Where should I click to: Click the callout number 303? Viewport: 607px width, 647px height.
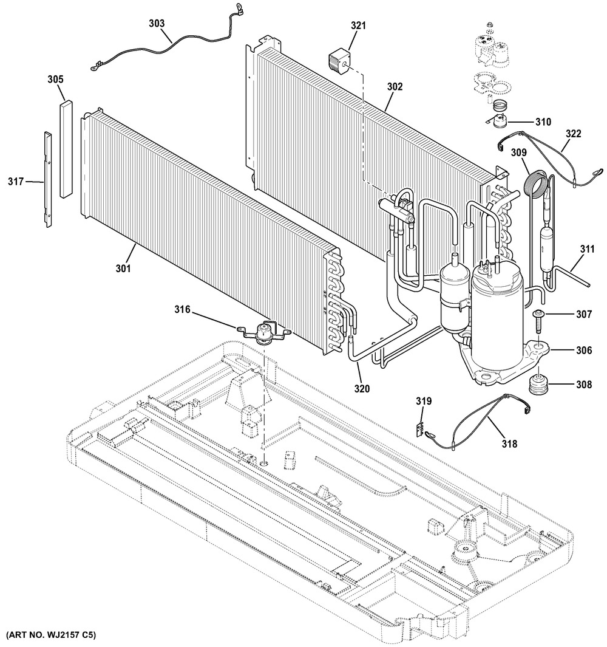(x=157, y=23)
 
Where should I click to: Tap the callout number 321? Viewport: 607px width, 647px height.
(x=358, y=26)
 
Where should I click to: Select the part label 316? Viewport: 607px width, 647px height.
(x=182, y=309)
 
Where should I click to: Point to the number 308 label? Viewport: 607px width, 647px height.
(x=584, y=385)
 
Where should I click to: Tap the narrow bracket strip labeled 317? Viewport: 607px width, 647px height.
(x=48, y=179)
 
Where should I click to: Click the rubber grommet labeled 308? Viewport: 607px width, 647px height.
(x=538, y=384)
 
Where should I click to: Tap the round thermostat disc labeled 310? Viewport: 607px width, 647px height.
(x=497, y=122)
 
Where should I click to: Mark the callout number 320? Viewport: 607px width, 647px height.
(x=362, y=389)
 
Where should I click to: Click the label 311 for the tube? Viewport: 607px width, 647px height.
(x=587, y=249)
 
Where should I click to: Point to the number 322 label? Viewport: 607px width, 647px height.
(x=573, y=134)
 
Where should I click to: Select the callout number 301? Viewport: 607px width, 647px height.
(x=123, y=268)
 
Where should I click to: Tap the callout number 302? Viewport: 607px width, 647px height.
(x=395, y=87)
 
